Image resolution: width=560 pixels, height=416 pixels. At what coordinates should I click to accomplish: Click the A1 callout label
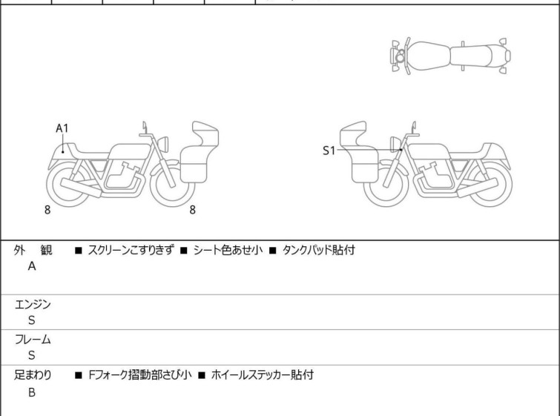pyautogui.click(x=62, y=128)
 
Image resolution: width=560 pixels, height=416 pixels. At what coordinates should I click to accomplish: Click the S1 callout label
pyautogui.click(x=329, y=151)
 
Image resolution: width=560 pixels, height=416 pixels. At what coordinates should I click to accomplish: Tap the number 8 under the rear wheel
pyautogui.click(x=47, y=210)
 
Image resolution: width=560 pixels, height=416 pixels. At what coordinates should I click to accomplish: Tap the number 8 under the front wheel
pyautogui.click(x=193, y=210)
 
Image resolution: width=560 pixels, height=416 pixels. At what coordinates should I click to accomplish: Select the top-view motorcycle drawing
pyautogui.click(x=450, y=56)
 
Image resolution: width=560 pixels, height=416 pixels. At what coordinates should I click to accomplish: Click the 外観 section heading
pyautogui.click(x=33, y=250)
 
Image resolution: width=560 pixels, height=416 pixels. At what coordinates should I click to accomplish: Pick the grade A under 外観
pyautogui.click(x=32, y=266)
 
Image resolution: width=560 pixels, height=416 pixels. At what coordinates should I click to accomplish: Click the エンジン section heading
pyautogui.click(x=33, y=304)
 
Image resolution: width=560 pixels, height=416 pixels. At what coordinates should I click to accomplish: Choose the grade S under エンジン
pyautogui.click(x=32, y=320)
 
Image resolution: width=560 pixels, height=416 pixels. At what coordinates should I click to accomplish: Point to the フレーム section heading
pyautogui.click(x=33, y=339)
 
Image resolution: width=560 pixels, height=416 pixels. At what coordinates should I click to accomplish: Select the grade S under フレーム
pyautogui.click(x=32, y=355)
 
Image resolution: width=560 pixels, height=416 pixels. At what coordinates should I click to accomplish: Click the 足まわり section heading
pyautogui.click(x=33, y=375)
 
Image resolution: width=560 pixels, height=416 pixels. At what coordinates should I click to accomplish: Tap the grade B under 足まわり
pyautogui.click(x=32, y=392)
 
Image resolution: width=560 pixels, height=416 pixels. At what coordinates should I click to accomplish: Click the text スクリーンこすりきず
pyautogui.click(x=131, y=250)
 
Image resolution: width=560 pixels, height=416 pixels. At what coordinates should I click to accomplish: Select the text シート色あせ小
pyautogui.click(x=228, y=250)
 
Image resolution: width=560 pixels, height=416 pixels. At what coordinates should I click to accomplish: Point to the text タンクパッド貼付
pyautogui.click(x=319, y=250)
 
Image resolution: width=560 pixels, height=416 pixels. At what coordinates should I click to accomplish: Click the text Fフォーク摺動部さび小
pyautogui.click(x=140, y=375)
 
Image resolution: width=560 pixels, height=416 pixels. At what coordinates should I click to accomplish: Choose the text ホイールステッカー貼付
pyautogui.click(x=263, y=375)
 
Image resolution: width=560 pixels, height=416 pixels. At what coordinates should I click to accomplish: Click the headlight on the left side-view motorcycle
pyautogui.click(x=163, y=144)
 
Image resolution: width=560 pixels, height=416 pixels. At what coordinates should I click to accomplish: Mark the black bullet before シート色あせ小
pyautogui.click(x=183, y=251)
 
